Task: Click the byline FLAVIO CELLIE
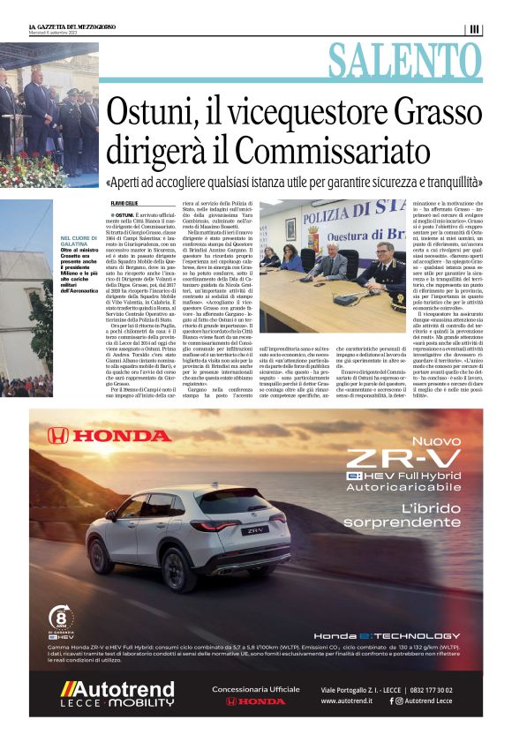tap(126, 205)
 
